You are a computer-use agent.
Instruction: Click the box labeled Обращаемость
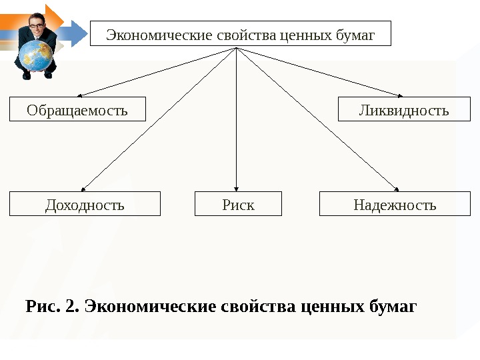[77, 109]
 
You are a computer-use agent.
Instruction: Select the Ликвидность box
[404, 109]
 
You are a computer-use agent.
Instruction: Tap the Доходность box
[85, 204]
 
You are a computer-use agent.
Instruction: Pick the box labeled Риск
[238, 204]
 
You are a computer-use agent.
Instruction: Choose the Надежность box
[395, 204]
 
